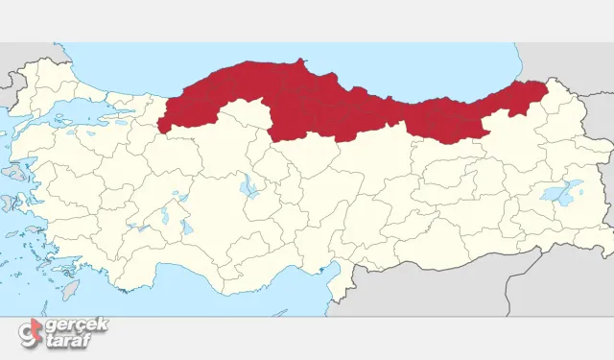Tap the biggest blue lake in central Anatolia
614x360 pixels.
coord(250,185)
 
